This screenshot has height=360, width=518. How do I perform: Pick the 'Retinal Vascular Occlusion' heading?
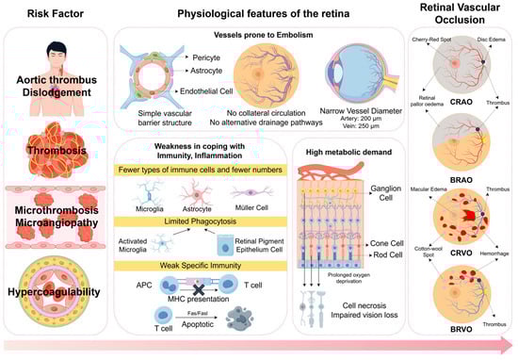click(x=461, y=16)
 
